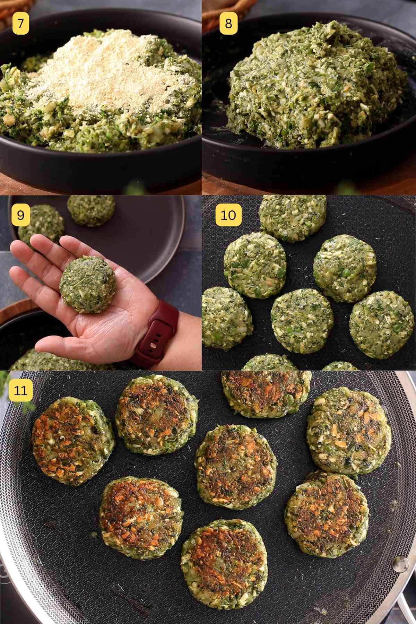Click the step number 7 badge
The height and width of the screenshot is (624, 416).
click(x=21, y=24)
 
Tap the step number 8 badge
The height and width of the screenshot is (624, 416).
click(x=228, y=24)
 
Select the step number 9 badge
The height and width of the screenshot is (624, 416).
click(x=21, y=215)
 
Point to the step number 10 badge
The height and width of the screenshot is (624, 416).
click(x=228, y=215)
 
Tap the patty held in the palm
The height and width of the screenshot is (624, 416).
click(x=88, y=285)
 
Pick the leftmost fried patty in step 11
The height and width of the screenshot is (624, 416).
click(x=73, y=440)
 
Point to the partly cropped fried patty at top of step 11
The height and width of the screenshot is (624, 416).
click(x=266, y=393)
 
